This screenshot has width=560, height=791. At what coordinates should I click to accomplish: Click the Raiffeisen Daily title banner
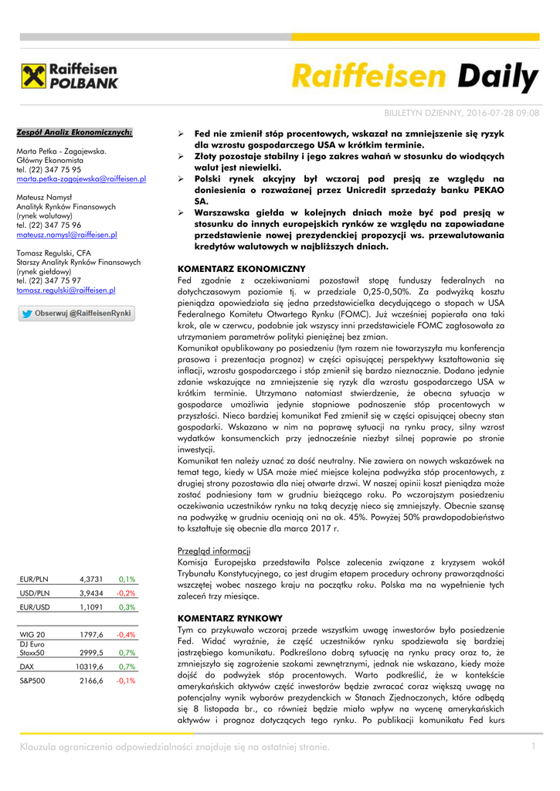(x=415, y=78)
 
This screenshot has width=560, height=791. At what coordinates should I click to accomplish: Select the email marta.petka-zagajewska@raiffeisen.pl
(x=81, y=178)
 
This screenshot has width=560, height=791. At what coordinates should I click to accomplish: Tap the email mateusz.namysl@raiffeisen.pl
(x=66, y=234)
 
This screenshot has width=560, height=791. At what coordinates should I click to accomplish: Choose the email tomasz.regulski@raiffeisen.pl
(x=66, y=290)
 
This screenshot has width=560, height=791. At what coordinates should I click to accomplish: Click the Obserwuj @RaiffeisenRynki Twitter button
(x=76, y=314)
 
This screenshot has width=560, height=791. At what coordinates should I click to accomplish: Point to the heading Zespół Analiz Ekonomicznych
(x=74, y=132)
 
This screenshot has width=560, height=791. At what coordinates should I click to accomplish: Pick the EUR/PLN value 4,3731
(x=90, y=579)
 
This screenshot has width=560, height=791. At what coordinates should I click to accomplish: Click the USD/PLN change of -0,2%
(x=126, y=593)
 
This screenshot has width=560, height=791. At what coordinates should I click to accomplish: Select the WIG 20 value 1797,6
(x=91, y=634)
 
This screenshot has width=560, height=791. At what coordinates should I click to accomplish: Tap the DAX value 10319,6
(x=90, y=666)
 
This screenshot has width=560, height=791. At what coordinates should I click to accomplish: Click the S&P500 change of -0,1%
(x=126, y=681)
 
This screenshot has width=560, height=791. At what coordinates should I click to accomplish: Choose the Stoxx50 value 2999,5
(x=91, y=652)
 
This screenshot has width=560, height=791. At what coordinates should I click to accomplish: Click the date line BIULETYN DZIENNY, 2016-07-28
(x=461, y=114)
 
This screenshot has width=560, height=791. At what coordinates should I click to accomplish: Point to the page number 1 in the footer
(x=533, y=745)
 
